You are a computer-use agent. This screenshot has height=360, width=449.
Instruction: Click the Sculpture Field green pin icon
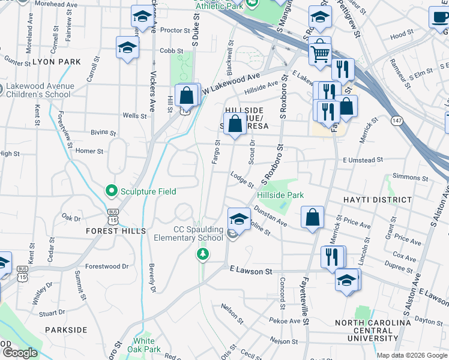pos(111,191)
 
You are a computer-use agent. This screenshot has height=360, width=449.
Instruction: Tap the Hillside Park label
pos(280,195)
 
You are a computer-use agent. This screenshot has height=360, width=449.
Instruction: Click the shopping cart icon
pos(320,53)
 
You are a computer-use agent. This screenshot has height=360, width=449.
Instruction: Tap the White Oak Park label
pos(148,345)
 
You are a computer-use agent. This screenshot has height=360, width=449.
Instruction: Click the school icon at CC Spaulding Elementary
pos(238,220)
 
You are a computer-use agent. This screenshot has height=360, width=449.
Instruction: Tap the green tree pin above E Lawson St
pos(203,254)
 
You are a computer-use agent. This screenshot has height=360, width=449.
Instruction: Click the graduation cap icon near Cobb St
pos(127,48)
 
